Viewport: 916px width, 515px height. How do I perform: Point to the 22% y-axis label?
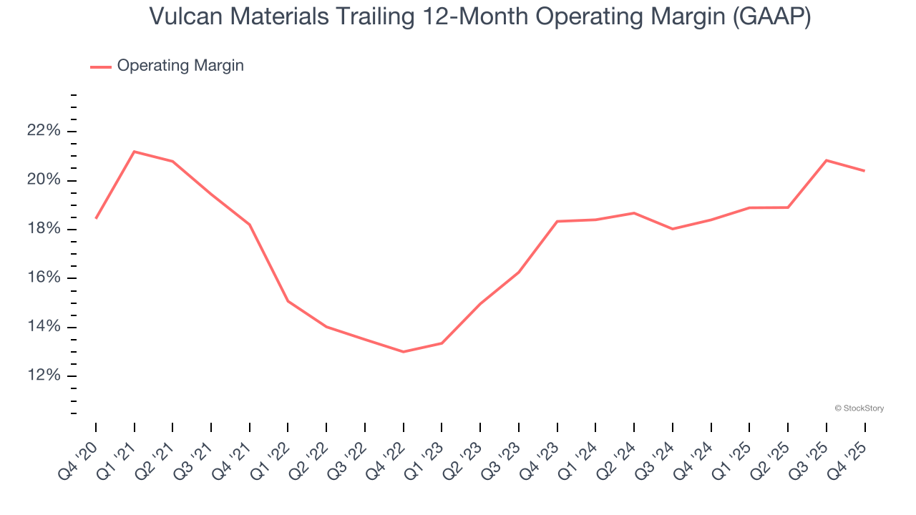point(43,131)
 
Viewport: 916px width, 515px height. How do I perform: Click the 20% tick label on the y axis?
point(43,180)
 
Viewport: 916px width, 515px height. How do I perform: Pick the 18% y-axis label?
point(43,229)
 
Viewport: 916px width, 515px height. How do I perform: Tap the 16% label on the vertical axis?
point(43,278)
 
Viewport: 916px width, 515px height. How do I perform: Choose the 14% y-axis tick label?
point(43,327)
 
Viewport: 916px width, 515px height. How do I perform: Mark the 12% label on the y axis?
point(43,376)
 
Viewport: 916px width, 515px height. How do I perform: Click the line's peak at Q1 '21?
point(135,152)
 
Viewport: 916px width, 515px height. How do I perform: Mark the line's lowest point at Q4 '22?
point(404,352)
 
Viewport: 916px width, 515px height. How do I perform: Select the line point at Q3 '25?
point(827,160)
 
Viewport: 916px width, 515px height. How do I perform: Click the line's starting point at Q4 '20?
point(96,218)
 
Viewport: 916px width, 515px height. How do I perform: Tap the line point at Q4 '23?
point(557,221)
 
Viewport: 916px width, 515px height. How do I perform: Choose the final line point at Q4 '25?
point(864,171)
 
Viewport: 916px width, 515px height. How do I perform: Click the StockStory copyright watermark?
point(859,408)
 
